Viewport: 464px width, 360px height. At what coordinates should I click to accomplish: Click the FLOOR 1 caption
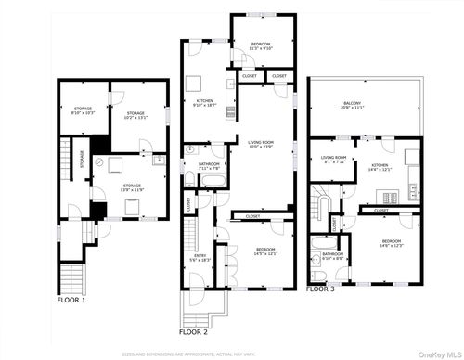[x=71, y=301]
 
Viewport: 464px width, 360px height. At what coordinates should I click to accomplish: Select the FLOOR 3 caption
[x=321, y=289]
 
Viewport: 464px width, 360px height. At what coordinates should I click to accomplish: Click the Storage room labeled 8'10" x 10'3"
[x=82, y=113]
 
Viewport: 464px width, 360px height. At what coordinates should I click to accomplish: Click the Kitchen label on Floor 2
[x=204, y=103]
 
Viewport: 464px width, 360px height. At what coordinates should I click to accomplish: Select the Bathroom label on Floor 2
[x=208, y=167]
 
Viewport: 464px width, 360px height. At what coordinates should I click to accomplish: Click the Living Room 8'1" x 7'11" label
[x=334, y=159]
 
